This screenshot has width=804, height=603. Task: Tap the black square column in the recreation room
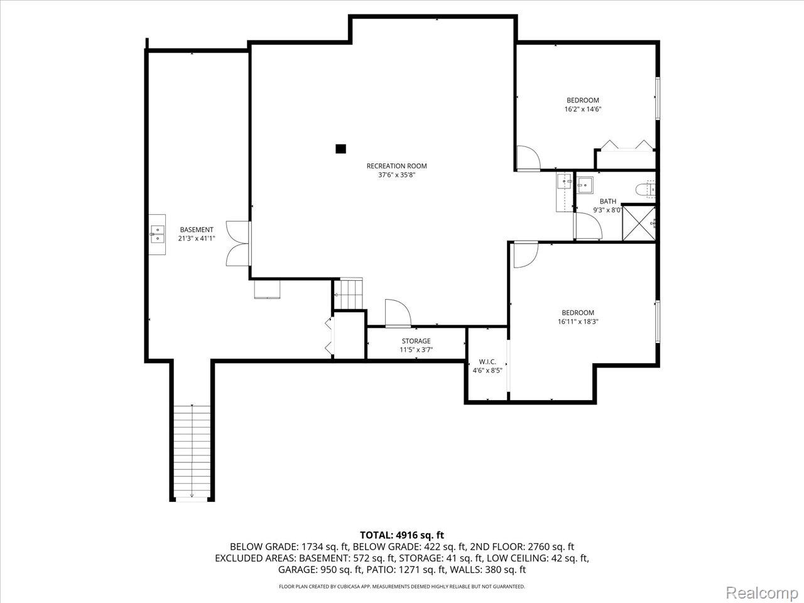[x=340, y=149]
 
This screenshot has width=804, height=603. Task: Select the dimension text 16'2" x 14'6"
[x=583, y=109]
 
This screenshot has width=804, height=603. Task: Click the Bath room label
[x=607, y=202]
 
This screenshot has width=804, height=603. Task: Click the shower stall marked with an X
[x=639, y=222]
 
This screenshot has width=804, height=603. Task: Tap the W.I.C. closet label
[x=487, y=362]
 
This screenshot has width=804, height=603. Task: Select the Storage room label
[x=416, y=341]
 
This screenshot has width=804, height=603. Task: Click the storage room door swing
[x=397, y=313]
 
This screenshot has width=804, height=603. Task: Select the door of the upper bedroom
[x=526, y=158]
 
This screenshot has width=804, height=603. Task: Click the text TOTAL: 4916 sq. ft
[x=402, y=535]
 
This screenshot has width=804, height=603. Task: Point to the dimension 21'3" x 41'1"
[x=197, y=239]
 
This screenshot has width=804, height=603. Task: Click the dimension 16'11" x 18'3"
[x=577, y=322]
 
